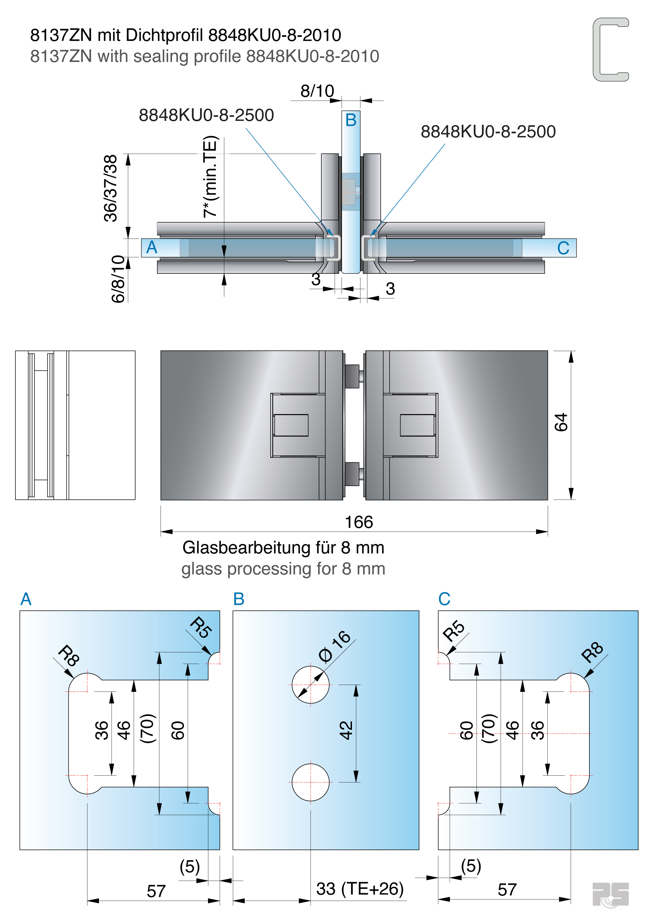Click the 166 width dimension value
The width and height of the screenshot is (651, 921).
359,522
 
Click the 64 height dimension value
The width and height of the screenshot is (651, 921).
561,422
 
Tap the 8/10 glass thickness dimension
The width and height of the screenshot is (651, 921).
317,91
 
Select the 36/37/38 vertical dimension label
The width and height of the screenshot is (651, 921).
110,188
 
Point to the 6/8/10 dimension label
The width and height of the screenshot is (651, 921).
118,279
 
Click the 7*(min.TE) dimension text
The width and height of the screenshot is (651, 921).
210,177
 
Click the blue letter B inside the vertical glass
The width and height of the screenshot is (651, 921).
351,120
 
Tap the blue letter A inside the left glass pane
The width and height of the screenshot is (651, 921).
152,247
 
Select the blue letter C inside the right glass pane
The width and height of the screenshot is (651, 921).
563,248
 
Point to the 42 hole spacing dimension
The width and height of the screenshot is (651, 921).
346,730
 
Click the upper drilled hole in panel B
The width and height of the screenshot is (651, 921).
310,685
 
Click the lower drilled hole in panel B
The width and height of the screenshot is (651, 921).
310,782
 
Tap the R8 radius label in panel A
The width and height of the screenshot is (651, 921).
69,655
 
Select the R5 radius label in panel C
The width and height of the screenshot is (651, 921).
453,631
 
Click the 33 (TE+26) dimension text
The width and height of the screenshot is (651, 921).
360,889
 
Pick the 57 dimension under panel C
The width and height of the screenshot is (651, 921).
507,890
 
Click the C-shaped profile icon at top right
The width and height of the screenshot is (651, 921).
610,49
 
